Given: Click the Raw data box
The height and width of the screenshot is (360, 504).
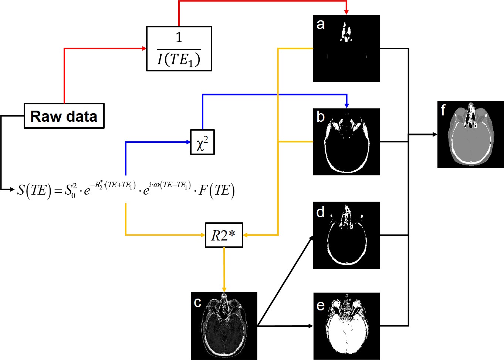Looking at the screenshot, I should (64, 116).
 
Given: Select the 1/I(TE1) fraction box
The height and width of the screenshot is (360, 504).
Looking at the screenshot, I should (179, 48).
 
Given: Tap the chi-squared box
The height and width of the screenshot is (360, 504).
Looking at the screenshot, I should (202, 142).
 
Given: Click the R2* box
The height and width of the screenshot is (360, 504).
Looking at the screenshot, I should (224, 235).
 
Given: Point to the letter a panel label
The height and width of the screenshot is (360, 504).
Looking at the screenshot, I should (321, 24).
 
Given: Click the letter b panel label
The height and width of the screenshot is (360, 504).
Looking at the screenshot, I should (321, 117).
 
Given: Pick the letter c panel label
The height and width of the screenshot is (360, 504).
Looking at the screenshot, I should (198, 303).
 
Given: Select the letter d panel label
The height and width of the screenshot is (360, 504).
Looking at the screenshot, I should (320, 212).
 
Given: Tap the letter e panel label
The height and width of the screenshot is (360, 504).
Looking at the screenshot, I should (321, 305).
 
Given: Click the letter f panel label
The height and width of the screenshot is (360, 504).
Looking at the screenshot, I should (443, 110).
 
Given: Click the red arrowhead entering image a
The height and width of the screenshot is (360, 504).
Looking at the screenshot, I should (346, 12).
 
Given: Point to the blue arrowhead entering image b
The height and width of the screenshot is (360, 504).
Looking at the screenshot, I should (346, 105).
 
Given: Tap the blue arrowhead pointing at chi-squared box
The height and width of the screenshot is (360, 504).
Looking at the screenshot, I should (187, 142).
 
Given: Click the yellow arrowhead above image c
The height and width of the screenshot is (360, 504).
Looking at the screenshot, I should (224, 289).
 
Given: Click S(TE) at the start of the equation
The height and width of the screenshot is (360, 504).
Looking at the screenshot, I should (33, 190).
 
